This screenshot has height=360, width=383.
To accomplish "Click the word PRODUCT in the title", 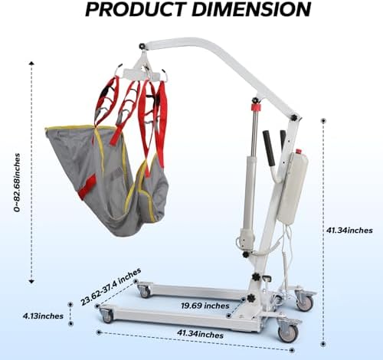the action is point(134,9).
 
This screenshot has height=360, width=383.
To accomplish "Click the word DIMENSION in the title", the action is point(251,9).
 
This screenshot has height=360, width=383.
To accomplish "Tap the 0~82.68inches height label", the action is point(17,182).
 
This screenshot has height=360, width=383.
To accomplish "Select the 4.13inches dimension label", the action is point(43,316).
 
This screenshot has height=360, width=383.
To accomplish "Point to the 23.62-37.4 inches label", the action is point(110,286).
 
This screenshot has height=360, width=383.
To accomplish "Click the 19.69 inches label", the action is point(205,306).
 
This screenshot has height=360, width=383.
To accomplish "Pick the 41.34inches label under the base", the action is point(200,334).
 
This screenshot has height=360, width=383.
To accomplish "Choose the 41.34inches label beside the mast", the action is point(349,231).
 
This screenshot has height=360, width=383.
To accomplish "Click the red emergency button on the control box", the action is point(298,151).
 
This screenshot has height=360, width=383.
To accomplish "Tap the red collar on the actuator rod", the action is point(256,106).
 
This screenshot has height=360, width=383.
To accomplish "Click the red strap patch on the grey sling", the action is point(87,187).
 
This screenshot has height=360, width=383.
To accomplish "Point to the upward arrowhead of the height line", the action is point(31,63).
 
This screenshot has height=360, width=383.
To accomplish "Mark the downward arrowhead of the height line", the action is point(31,282).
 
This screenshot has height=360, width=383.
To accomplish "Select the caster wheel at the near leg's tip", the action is point(108,316).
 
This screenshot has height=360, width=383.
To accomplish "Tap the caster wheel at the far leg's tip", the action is point(145,293).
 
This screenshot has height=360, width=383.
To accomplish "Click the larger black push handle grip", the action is point(269,148).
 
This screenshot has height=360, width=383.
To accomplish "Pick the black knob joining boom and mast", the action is point(294,118).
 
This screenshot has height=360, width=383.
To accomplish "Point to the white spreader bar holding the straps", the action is point(142,74).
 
